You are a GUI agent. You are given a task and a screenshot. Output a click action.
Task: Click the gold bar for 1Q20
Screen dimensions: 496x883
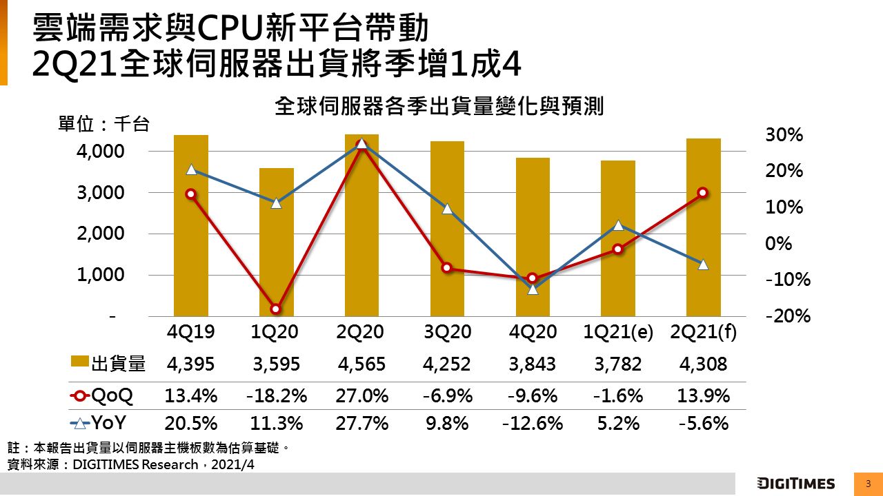277,242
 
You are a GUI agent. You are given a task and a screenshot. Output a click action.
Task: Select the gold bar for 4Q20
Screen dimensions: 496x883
533,237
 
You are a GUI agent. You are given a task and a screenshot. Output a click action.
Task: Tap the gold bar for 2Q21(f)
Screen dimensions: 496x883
703,227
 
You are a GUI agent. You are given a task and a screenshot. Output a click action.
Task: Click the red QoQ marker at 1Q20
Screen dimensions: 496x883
276,309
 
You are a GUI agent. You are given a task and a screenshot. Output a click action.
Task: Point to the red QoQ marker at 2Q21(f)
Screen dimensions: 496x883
702,193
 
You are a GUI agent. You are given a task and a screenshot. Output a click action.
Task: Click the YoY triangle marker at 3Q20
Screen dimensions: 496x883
447,209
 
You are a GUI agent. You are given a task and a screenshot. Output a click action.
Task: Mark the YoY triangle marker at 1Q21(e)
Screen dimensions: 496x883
618,225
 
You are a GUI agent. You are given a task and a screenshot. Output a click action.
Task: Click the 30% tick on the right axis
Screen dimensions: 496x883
784,136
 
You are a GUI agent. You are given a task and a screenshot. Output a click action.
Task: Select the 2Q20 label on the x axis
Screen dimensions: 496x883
361,332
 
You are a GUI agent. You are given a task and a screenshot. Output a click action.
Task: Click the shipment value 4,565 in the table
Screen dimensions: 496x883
361,364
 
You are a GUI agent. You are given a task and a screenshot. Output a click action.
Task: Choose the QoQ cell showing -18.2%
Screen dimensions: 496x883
276,396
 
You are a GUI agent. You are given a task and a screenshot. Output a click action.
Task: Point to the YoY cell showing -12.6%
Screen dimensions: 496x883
533,423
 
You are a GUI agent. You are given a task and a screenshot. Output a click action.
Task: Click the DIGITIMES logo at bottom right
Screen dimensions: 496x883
795,483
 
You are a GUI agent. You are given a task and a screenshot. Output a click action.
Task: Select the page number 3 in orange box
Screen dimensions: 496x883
867,483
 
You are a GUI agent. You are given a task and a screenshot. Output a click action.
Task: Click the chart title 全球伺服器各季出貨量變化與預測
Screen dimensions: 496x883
439,107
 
